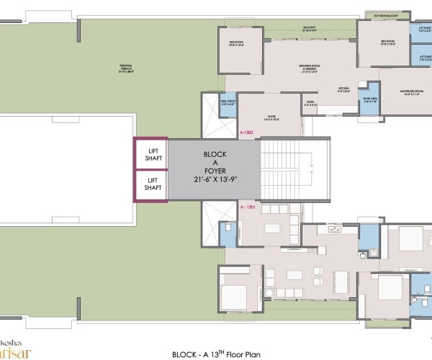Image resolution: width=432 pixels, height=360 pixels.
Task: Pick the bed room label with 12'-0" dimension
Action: [389, 42]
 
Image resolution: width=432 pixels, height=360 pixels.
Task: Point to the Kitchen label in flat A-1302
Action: [344, 90]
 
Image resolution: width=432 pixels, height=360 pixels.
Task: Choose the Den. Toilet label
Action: [229, 104]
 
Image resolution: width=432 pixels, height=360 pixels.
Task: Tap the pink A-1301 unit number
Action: [247, 207]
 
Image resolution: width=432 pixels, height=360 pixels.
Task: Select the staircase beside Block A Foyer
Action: [286, 169]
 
